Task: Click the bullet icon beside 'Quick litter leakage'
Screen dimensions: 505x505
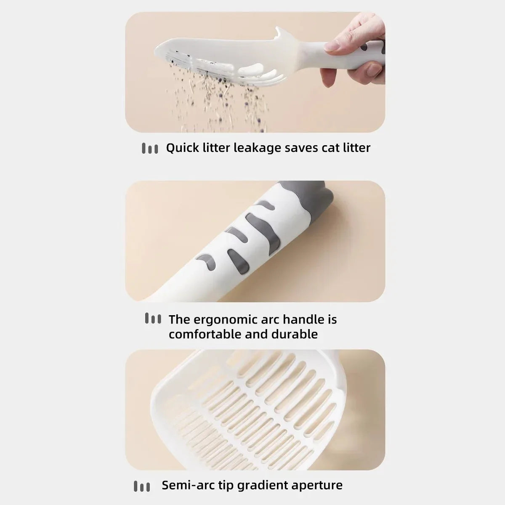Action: [150, 148]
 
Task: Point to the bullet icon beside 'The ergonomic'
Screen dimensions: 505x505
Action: [153, 318]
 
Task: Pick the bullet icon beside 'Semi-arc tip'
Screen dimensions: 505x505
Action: [142, 486]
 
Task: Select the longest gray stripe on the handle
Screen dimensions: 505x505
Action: [263, 230]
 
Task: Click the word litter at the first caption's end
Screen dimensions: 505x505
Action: [357, 148]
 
